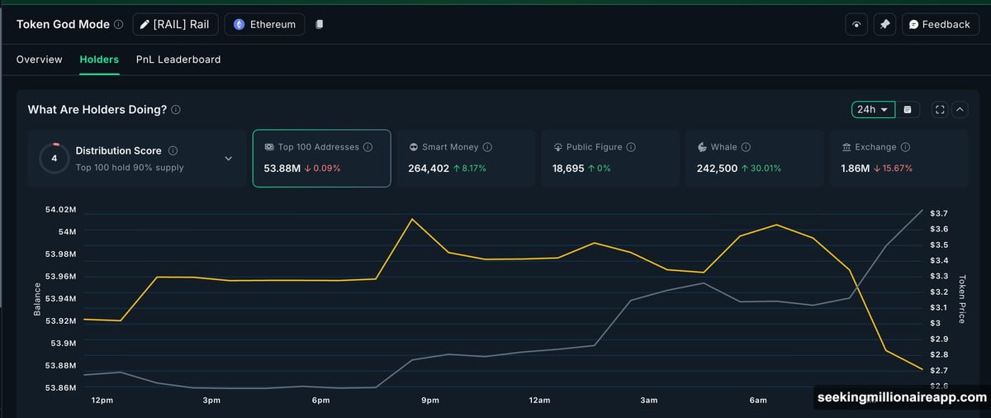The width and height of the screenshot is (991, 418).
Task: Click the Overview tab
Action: [39, 59]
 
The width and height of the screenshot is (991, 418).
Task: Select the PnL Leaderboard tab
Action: [178, 59]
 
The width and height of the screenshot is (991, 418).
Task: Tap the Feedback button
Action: [940, 25]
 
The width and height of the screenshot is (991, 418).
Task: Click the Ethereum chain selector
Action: [264, 25]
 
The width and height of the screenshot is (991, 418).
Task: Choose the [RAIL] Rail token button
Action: [175, 25]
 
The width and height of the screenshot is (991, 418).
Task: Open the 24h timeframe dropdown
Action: [873, 109]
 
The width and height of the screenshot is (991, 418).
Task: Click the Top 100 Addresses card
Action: [321, 158]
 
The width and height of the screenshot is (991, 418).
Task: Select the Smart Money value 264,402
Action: [429, 169]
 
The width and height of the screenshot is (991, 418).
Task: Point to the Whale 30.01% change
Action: [761, 169]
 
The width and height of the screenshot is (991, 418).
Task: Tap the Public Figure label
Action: [594, 147]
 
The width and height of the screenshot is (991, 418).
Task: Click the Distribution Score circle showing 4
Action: [55, 158]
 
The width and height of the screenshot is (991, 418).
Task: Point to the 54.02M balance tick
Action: [60, 211]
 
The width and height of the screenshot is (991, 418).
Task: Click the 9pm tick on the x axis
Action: [430, 401]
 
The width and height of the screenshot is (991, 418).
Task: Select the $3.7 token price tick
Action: [939, 214]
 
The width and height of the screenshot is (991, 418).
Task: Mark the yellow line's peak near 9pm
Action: [412, 219]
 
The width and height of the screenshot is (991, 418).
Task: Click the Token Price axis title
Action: [961, 299]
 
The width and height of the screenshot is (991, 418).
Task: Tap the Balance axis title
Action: [37, 299]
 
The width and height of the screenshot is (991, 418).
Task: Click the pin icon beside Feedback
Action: [884, 25]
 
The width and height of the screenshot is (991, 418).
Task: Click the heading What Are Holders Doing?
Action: [97, 109]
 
